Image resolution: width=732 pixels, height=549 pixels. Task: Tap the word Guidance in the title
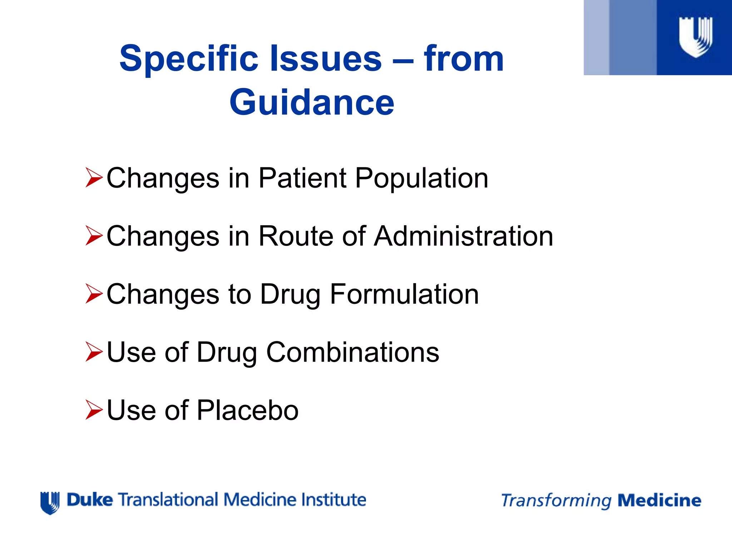click(x=312, y=103)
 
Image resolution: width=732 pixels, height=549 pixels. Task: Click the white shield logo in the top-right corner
click(x=695, y=37)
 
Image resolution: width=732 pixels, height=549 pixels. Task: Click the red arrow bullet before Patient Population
click(x=94, y=178)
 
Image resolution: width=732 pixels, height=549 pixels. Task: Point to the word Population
click(x=421, y=178)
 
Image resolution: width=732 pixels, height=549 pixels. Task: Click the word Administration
click(x=464, y=236)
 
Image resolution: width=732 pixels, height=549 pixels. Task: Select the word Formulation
click(x=404, y=294)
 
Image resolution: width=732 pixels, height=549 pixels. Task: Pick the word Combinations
click(x=352, y=352)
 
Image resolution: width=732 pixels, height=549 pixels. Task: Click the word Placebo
click(x=247, y=410)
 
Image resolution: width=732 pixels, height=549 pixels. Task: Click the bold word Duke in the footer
click(x=90, y=500)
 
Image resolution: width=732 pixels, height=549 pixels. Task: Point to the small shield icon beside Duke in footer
click(x=50, y=503)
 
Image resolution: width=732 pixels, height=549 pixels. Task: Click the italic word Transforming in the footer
click(x=556, y=501)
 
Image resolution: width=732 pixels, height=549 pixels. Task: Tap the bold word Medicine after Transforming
click(x=659, y=500)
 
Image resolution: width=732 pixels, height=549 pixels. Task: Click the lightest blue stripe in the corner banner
click(x=596, y=37)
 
